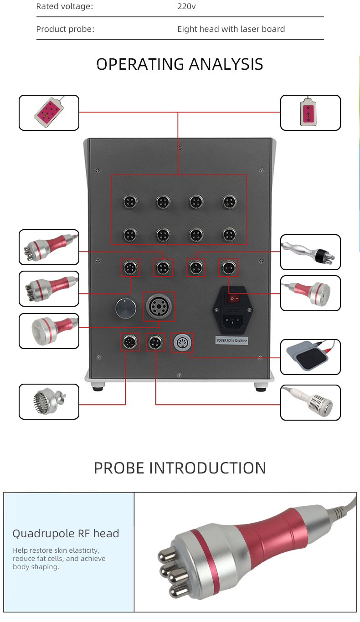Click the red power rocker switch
click(232, 298)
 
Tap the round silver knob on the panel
click(126, 308)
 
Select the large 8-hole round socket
click(159, 306)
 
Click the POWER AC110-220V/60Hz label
click(232, 340)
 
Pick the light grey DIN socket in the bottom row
click(182, 342)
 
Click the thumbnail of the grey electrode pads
click(310, 357)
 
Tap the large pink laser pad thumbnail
click(49, 113)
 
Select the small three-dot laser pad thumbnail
click(310, 113)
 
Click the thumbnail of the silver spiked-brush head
click(49, 401)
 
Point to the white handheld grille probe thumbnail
click(310, 402)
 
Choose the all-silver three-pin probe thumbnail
click(310, 252)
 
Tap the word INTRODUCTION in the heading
click(208, 468)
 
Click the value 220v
click(186, 6)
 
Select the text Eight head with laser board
click(231, 29)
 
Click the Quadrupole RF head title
click(66, 534)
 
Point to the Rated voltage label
click(64, 6)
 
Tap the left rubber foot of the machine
click(98, 387)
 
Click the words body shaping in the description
click(36, 567)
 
